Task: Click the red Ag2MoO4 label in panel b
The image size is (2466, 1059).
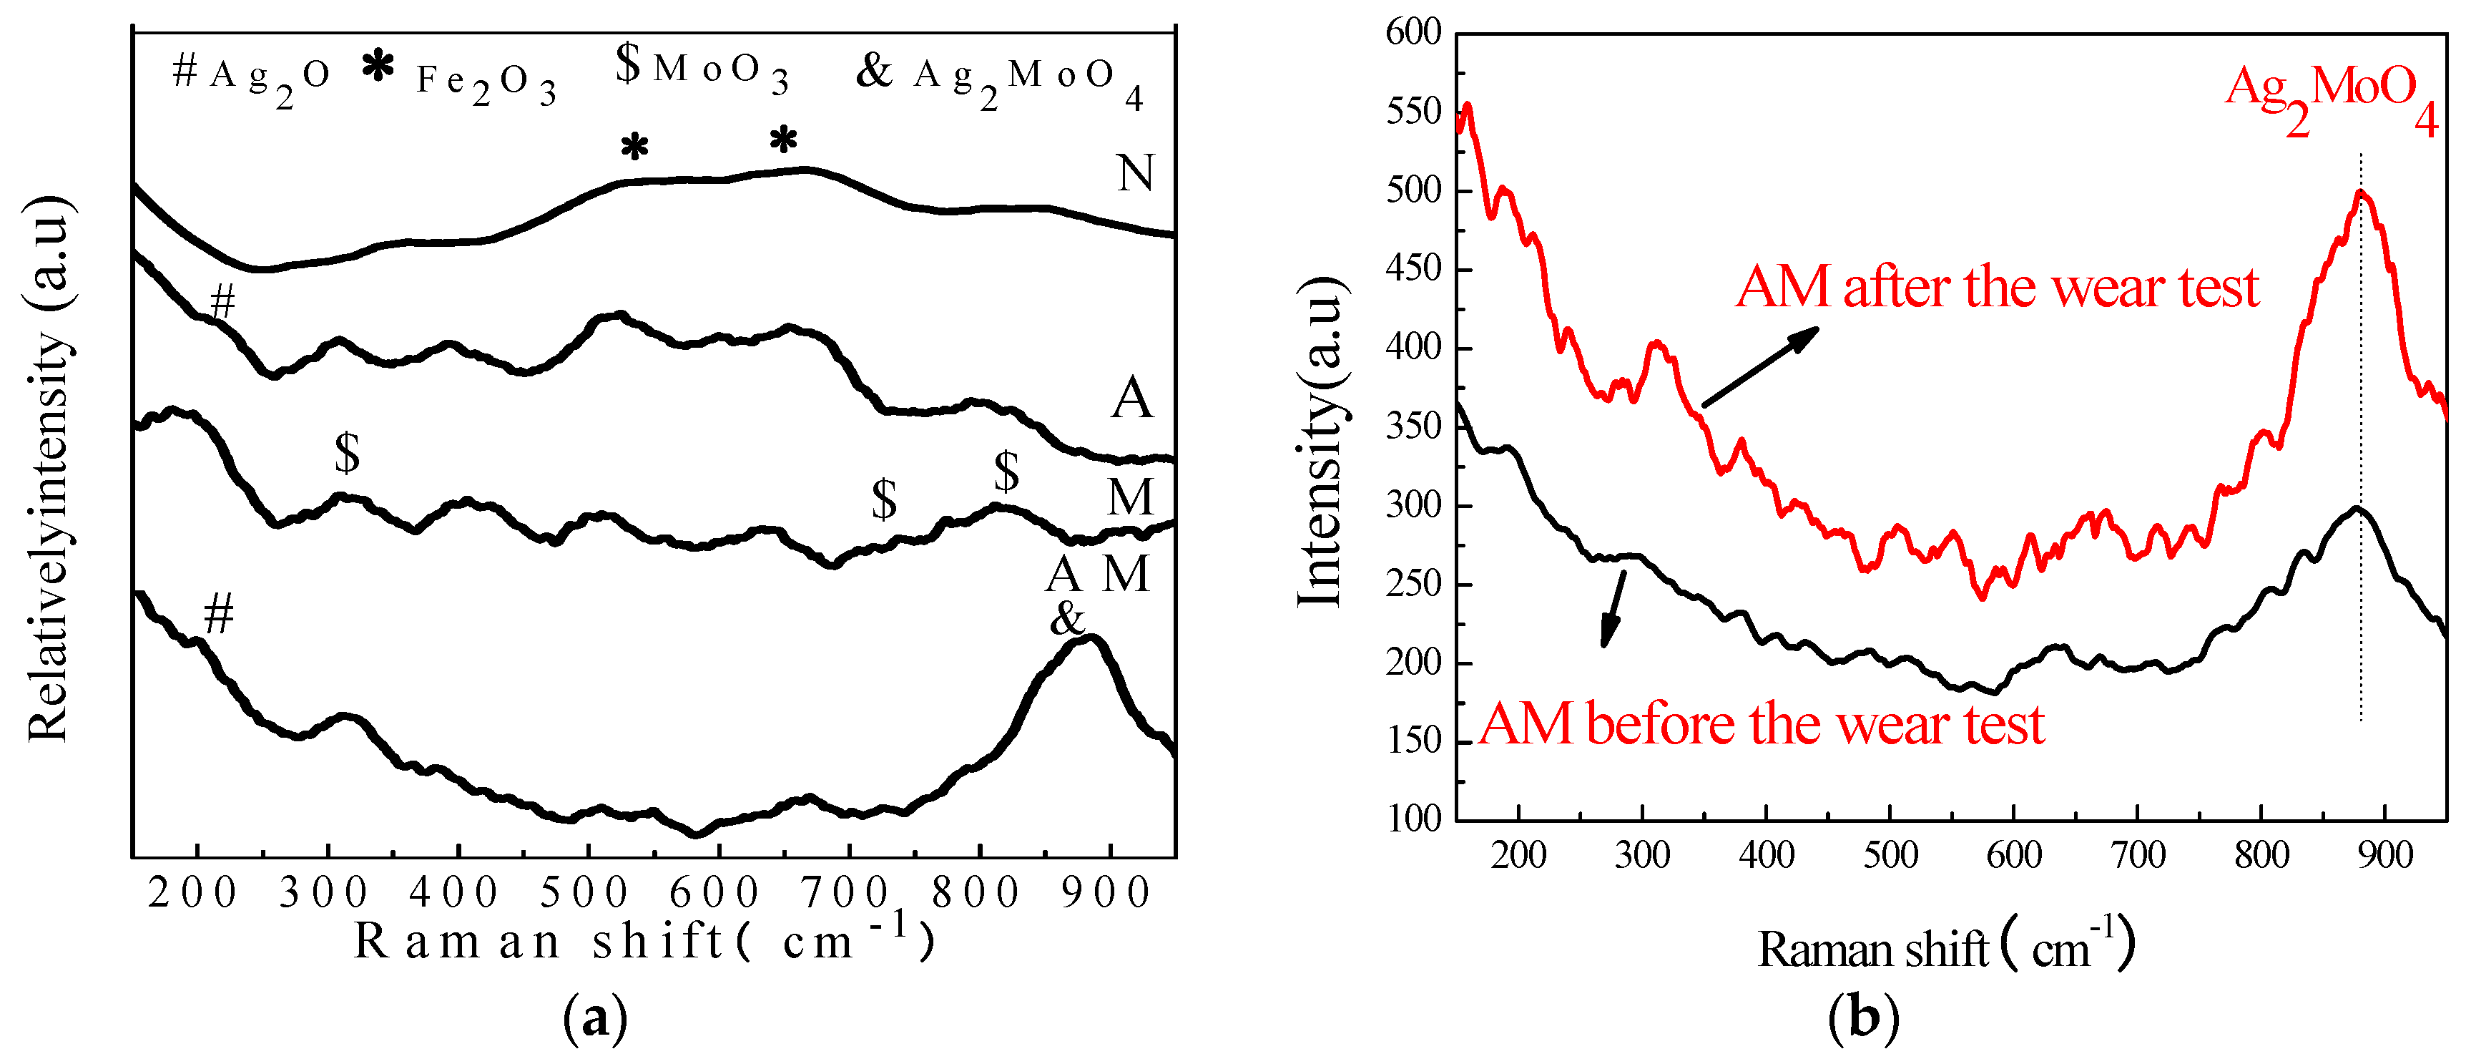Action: [2330, 101]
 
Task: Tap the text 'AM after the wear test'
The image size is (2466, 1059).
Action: [1997, 287]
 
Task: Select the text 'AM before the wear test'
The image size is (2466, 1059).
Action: [1762, 725]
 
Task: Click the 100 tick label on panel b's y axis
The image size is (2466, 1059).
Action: [1413, 819]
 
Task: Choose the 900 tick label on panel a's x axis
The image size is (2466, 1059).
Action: [1106, 893]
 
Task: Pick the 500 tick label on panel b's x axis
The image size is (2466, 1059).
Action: [1890, 855]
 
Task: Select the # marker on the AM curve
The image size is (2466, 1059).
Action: [220, 614]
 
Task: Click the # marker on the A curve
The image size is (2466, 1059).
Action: [222, 303]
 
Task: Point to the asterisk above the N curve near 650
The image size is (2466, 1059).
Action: [783, 142]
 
